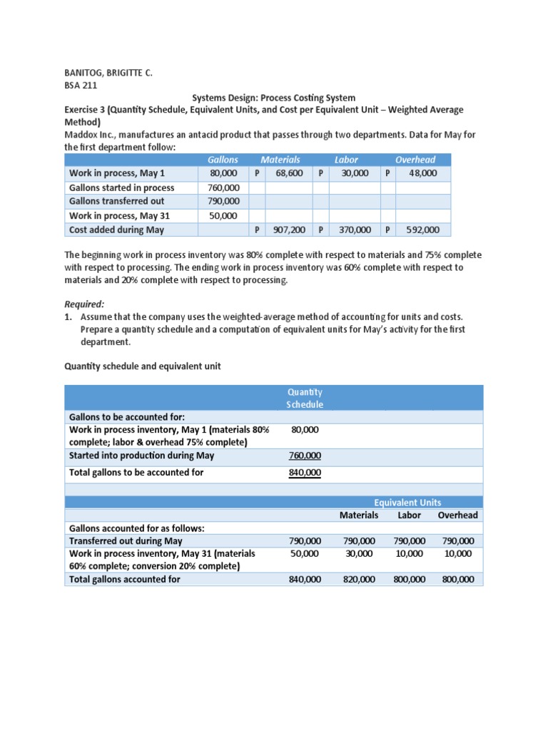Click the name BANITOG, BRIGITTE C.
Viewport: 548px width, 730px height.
click(108, 73)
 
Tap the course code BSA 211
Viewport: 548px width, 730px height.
click(83, 85)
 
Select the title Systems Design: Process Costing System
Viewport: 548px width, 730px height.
click(274, 97)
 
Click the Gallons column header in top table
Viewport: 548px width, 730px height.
click(222, 160)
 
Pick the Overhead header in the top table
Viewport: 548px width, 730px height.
click(415, 160)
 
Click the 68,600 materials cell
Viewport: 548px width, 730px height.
click(290, 173)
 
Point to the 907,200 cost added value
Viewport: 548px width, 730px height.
click(289, 230)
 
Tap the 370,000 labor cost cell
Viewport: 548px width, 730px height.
click(354, 230)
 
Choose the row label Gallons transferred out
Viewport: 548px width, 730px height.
click(116, 201)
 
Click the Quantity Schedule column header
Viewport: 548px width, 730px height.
click(305, 399)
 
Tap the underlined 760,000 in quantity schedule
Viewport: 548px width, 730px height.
click(305, 456)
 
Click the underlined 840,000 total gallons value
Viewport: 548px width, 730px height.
click(305, 473)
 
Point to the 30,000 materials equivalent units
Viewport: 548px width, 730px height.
click(358, 553)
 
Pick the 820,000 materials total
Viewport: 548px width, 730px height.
click(358, 580)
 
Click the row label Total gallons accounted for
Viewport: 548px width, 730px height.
click(124, 580)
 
